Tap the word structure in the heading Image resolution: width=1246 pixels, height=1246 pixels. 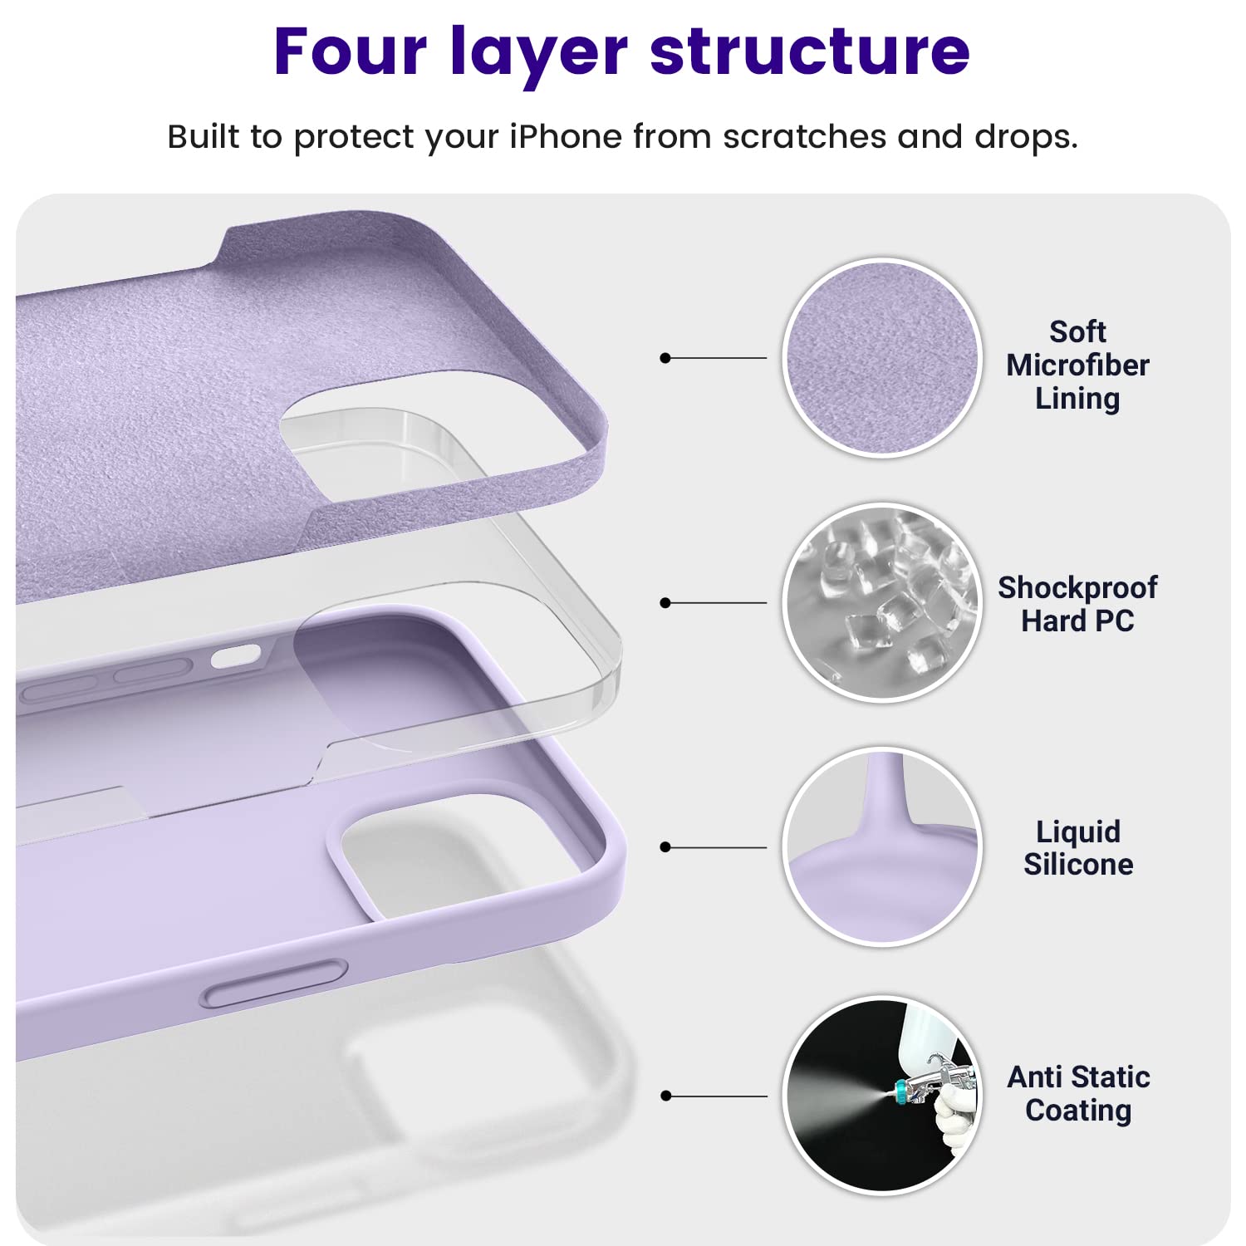pos(810,52)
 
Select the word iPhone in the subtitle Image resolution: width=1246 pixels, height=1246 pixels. pos(565,136)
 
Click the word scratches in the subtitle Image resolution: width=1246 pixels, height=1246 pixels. pos(804,136)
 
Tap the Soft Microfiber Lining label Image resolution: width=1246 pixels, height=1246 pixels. pos(1077,365)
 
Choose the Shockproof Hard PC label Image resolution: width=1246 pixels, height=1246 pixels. pos(1077,604)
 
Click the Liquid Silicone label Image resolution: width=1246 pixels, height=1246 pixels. pos(1078,847)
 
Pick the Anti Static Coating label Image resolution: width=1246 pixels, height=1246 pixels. pos(1078,1093)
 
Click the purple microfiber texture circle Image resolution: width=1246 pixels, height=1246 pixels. pos(882,357)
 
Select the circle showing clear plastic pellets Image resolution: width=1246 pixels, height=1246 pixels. pos(882,602)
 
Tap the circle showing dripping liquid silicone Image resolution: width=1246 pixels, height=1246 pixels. pos(882,846)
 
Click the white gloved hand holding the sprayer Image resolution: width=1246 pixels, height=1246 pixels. pos(955,1117)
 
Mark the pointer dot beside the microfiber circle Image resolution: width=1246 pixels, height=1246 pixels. pos(665,358)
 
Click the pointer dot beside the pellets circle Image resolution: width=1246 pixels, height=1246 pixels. pos(665,602)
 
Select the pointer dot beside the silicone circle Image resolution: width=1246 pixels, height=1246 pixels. pos(665,847)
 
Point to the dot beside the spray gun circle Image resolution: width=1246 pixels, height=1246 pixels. pos(665,1096)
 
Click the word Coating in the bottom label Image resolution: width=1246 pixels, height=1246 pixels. pos(1078,1111)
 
